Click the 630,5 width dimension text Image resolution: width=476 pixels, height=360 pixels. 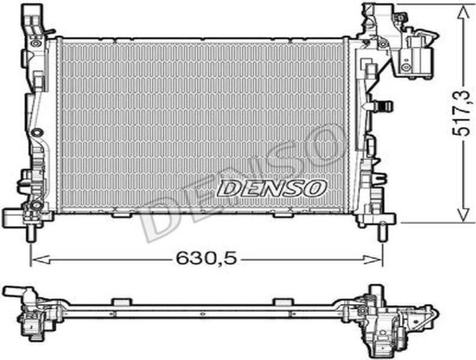[206, 259]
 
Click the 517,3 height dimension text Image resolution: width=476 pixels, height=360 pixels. [462, 113]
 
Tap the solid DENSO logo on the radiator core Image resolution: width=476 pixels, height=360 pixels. [272, 188]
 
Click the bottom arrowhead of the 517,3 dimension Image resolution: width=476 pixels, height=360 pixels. [462, 216]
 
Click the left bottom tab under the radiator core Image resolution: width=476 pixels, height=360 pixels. [121, 215]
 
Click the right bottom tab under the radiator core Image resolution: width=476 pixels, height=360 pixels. [282, 215]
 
